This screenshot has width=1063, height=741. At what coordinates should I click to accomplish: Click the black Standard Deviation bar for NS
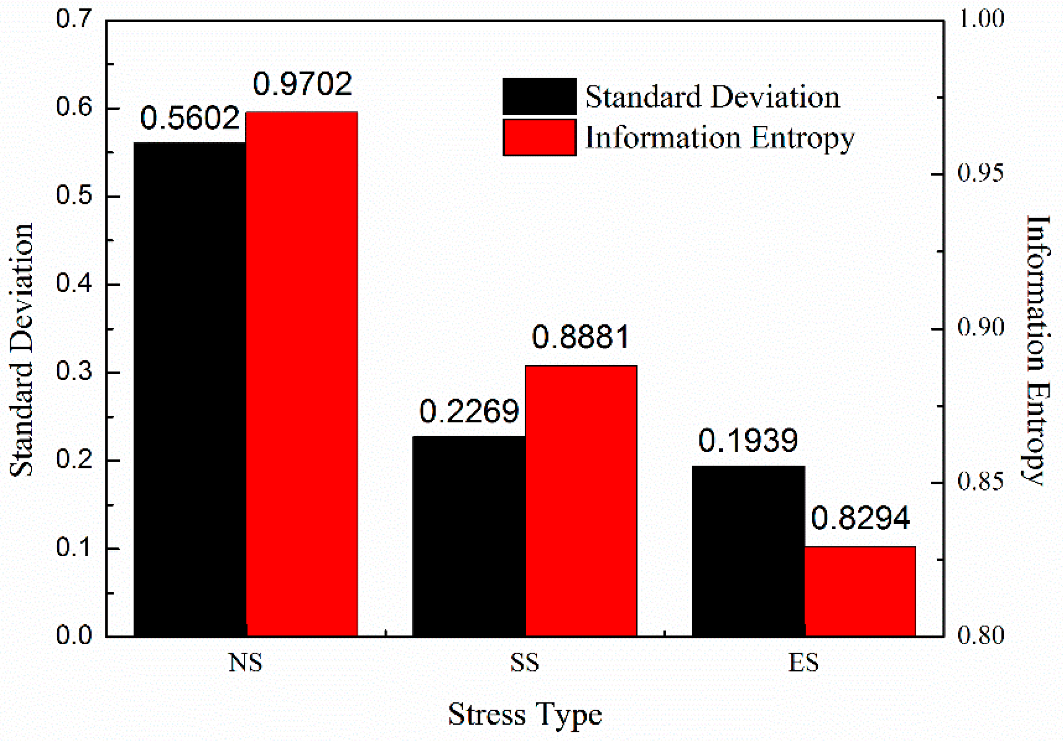tap(190, 389)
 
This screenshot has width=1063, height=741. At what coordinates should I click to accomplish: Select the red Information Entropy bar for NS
tap(302, 373)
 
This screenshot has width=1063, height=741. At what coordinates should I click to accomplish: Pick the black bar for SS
tap(469, 536)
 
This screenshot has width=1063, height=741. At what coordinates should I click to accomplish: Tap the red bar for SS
tap(581, 501)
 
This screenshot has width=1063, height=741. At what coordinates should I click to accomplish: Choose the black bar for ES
tap(748, 551)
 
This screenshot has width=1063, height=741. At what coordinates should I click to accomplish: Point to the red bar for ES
tap(860, 591)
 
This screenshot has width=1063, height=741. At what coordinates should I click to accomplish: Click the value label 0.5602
tap(190, 118)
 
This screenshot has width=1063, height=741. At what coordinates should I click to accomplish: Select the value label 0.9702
tap(302, 85)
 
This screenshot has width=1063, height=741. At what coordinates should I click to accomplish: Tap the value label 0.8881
tap(581, 337)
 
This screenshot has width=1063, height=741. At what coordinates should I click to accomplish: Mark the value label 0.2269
tap(469, 411)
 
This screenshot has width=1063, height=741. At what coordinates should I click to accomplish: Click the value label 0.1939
tap(748, 440)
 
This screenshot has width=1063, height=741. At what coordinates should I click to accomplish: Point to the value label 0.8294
tap(860, 518)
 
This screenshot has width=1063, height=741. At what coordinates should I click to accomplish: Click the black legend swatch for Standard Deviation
tap(539, 96)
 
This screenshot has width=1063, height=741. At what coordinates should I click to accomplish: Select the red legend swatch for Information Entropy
tap(539, 138)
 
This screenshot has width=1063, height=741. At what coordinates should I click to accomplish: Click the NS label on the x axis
tap(245, 663)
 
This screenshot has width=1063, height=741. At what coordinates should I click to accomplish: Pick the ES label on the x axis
tap(804, 663)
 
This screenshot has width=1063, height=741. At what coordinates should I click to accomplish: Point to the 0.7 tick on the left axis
tap(74, 20)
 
